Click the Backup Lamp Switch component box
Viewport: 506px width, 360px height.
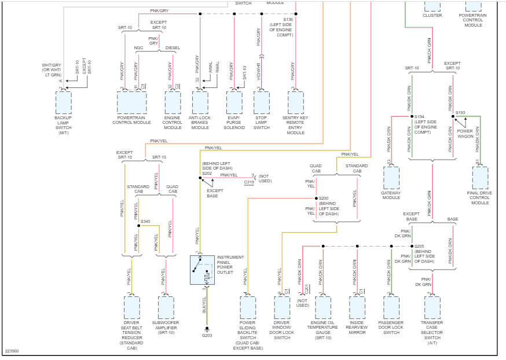[x=63, y=103]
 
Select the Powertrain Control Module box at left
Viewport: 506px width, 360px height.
[x=131, y=103]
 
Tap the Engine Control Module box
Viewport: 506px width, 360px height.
[x=173, y=103]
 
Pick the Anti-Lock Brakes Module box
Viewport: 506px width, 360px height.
[x=200, y=103]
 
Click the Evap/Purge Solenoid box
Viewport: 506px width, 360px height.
[x=233, y=103]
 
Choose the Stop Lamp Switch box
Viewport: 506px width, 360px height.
[x=262, y=103]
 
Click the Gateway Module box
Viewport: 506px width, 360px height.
[x=391, y=178]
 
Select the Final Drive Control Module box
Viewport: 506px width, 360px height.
[x=480, y=178]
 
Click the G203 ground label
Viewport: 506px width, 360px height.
[x=207, y=335]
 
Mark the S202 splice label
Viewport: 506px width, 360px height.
[x=207, y=172]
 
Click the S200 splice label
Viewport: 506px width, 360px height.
[x=324, y=199]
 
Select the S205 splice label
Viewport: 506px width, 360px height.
[x=420, y=247]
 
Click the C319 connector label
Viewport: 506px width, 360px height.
[x=249, y=182]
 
